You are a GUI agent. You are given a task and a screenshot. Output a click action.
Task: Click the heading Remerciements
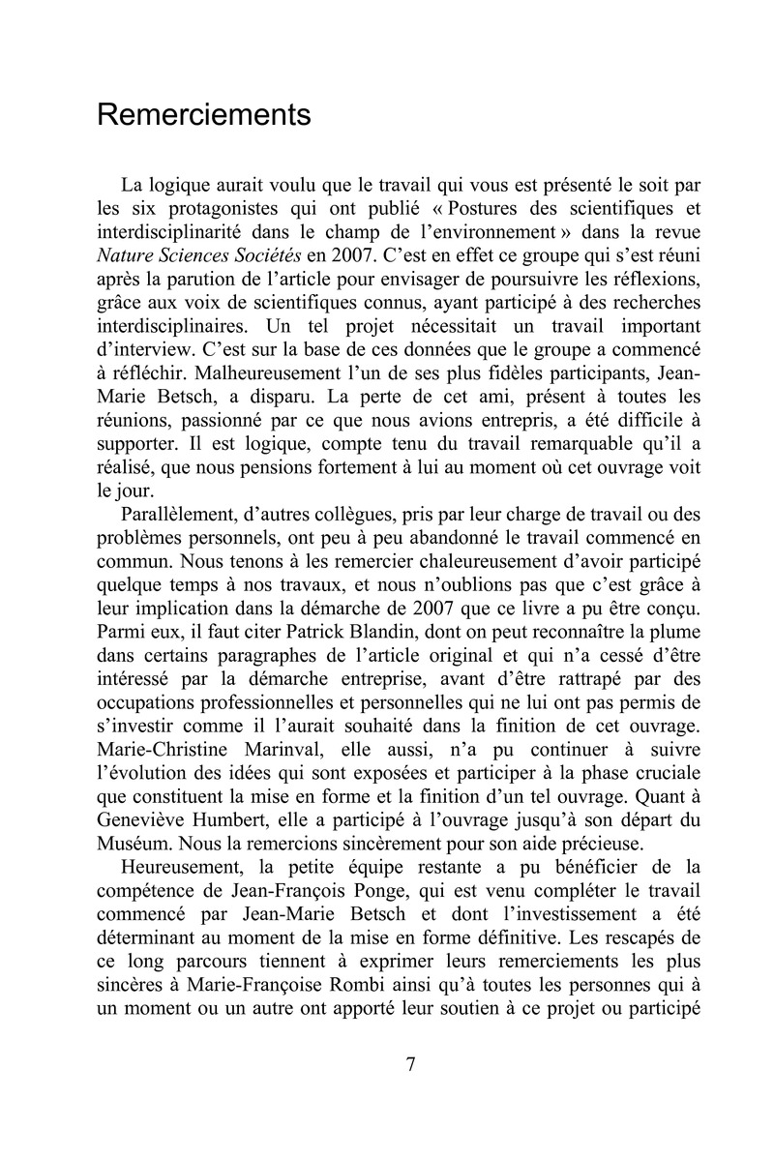click(x=204, y=115)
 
